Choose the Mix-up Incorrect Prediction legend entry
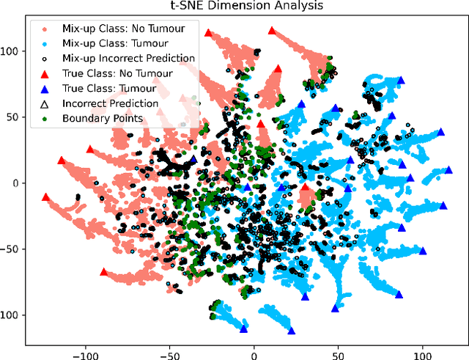128,59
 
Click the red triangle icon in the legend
45,73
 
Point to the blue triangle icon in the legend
45,87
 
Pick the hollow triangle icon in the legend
45,103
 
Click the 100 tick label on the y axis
10,52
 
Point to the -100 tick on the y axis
8,315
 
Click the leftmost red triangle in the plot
46,197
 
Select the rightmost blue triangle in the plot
448,170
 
